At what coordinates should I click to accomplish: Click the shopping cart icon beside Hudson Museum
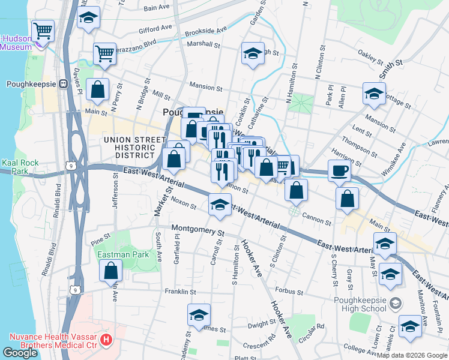click(x=43, y=30)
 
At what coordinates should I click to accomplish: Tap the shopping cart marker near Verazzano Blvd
click(x=104, y=53)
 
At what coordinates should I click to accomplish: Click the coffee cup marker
click(x=339, y=170)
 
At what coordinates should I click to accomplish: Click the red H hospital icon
click(x=106, y=340)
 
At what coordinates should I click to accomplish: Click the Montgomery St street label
click(x=197, y=229)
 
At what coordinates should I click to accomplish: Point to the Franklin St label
click(x=180, y=292)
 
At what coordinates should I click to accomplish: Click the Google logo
click(x=20, y=353)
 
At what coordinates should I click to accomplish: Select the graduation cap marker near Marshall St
click(x=253, y=53)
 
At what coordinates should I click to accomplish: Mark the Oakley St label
click(x=370, y=58)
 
